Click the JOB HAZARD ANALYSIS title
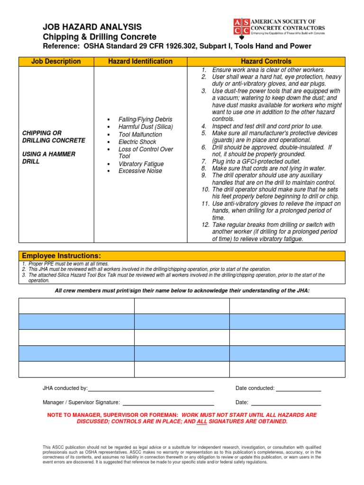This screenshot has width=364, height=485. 92,27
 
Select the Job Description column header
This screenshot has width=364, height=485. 56,62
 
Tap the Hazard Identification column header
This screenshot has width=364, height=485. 140,62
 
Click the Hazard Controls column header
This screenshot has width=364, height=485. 266,62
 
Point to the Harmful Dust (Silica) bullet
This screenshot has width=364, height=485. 146,127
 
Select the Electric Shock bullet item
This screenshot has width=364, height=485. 137,142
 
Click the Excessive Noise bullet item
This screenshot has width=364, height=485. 140,171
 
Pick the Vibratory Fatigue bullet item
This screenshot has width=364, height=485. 141,164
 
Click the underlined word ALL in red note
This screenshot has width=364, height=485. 201,422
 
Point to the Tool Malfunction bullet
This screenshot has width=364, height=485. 140,135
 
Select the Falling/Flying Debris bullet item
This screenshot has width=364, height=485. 145,119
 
